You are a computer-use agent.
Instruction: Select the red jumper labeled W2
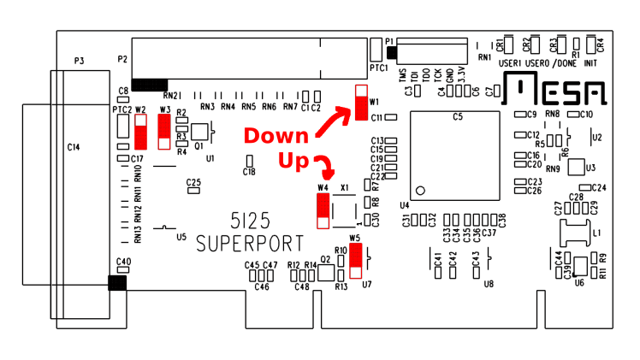140,132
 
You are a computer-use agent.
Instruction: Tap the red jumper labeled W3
164,132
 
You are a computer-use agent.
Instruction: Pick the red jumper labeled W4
323,210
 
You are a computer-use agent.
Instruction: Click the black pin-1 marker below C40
116,283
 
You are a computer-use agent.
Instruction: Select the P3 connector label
79,61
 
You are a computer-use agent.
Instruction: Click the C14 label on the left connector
74,148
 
